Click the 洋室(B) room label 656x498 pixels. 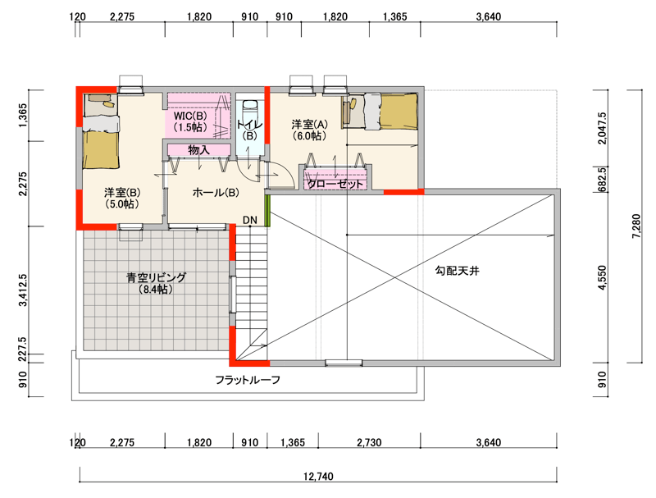click(x=122, y=198)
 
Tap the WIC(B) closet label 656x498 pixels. click(x=190, y=121)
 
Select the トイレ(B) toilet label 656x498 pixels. click(x=250, y=130)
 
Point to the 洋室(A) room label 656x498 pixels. click(x=310, y=130)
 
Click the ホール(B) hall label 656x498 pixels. click(x=216, y=193)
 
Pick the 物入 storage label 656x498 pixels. click(x=198, y=149)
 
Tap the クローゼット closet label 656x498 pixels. click(x=335, y=184)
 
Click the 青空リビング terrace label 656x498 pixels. click(x=156, y=283)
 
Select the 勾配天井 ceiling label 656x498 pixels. click(x=458, y=271)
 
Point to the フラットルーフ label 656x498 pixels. click(x=248, y=380)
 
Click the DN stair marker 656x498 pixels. click(x=250, y=220)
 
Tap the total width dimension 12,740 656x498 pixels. click(x=318, y=476)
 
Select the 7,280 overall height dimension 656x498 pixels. click(x=636, y=226)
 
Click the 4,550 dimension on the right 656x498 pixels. click(x=602, y=277)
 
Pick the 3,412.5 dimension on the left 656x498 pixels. click(x=23, y=290)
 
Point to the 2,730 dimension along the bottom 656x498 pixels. click(x=370, y=442)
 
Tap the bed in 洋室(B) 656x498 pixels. click(x=100, y=131)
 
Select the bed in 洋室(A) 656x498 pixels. click(x=380, y=112)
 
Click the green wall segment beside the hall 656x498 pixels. click(x=268, y=211)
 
